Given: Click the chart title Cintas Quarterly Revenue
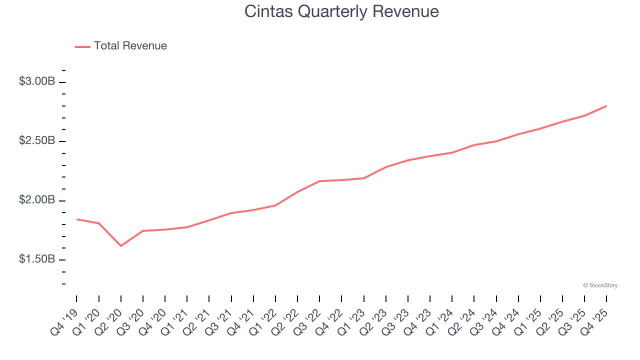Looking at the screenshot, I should [341, 11].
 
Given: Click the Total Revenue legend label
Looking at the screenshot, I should [130, 46].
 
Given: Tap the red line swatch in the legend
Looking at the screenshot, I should [82, 46].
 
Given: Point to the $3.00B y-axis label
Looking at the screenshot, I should [37, 81].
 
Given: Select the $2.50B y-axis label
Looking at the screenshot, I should [37, 141].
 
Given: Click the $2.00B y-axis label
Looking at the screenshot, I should [37, 200].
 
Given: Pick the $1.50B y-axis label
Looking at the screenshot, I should [37, 259].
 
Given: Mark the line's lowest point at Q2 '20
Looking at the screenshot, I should [121, 245].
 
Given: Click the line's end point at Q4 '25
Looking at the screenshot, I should [606, 106].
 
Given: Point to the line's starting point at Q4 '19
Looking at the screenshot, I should [77, 219].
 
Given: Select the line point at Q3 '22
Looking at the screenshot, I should [319, 181].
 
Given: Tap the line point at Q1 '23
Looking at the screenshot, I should [363, 178].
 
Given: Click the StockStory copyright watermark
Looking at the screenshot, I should [600, 285].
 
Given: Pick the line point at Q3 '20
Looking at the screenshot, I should [143, 231].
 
